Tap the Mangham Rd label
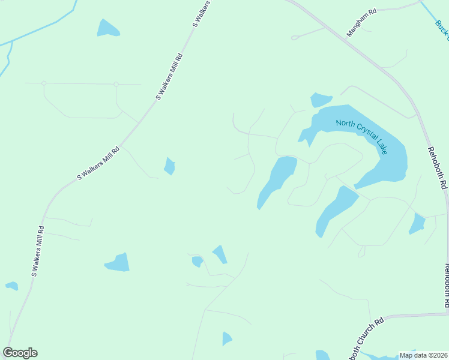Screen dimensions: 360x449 361,23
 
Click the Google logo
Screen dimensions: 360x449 20,353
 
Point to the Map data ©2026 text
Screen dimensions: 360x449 423,355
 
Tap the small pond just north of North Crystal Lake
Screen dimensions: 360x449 321,100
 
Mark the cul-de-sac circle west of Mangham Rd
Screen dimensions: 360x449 294,38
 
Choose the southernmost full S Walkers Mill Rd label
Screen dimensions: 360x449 37,251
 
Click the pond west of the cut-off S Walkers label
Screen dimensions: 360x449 107,28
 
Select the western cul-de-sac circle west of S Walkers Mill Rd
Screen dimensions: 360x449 44,83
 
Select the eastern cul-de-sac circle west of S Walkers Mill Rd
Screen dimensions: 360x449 116,84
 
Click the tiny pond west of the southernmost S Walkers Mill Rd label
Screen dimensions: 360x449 11,286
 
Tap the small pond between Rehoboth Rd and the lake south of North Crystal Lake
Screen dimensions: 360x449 417,223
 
